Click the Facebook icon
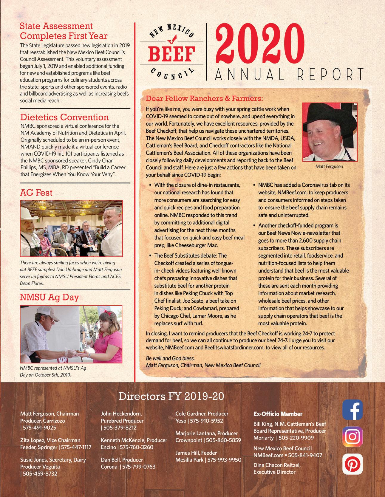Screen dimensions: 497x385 (352, 410)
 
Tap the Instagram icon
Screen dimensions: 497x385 (352, 436)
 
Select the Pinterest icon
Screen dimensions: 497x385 (352, 464)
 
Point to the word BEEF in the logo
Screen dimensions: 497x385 (171, 54)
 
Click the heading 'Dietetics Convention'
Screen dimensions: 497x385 (64, 117)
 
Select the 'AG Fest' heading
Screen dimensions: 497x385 (36, 193)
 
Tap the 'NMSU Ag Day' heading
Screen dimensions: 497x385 (49, 297)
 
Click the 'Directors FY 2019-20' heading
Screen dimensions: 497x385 (171, 397)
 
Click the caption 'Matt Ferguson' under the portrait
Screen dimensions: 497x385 (329, 166)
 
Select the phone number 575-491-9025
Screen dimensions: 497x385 (39, 428)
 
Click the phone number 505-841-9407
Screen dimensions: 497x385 (305, 455)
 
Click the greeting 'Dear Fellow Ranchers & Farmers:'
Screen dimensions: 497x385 (204, 98)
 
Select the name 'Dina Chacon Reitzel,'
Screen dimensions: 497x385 (277, 465)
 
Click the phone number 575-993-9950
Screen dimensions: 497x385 (224, 460)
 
